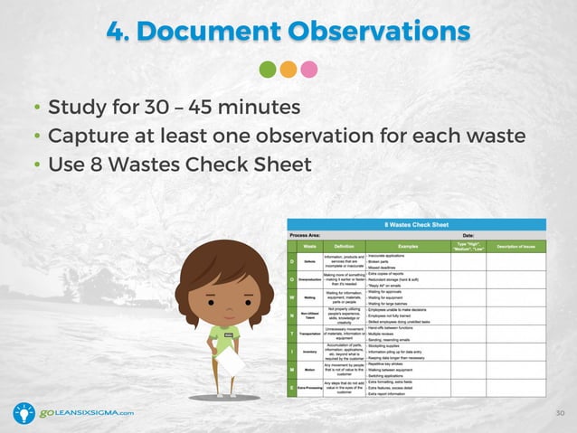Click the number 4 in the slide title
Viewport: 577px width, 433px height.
coord(116,31)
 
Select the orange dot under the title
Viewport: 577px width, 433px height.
coord(288,69)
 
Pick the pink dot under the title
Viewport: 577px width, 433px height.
coord(309,69)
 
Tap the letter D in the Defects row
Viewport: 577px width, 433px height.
coord(291,262)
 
